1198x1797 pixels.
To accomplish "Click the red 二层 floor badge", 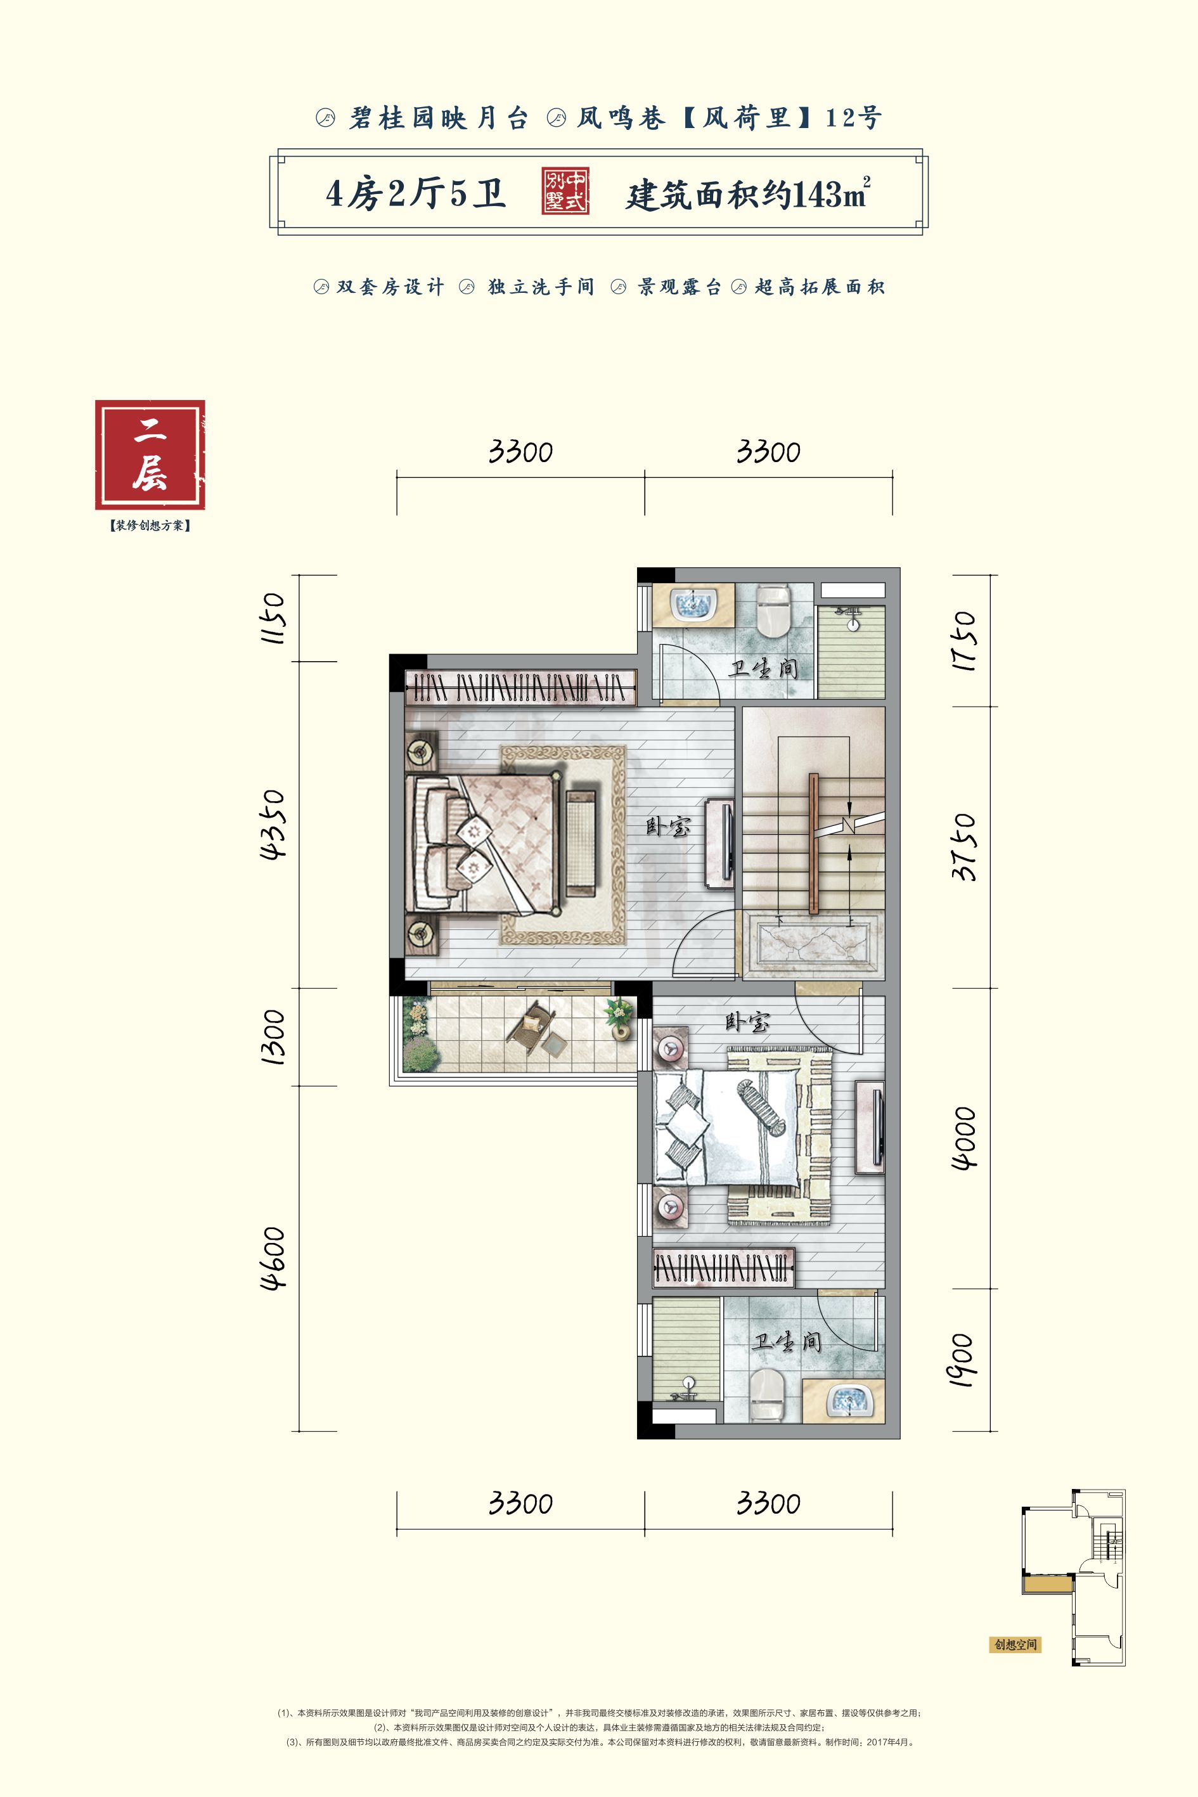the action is click(150, 454).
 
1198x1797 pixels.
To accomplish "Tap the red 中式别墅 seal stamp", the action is click(565, 191).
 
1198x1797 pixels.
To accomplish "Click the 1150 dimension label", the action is click(273, 618).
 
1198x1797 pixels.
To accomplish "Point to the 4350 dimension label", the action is click(273, 825).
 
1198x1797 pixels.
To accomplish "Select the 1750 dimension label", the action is click(964, 641).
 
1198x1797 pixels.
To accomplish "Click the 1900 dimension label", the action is click(960, 1360).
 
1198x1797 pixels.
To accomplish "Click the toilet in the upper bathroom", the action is click(773, 610).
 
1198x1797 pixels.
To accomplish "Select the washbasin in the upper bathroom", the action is click(693, 603).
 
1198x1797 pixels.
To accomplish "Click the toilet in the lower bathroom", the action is click(768, 1395).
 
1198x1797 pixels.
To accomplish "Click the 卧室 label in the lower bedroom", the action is click(747, 1022).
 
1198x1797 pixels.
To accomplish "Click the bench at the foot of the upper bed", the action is click(581, 844).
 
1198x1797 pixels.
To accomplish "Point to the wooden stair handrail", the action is click(814, 844).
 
